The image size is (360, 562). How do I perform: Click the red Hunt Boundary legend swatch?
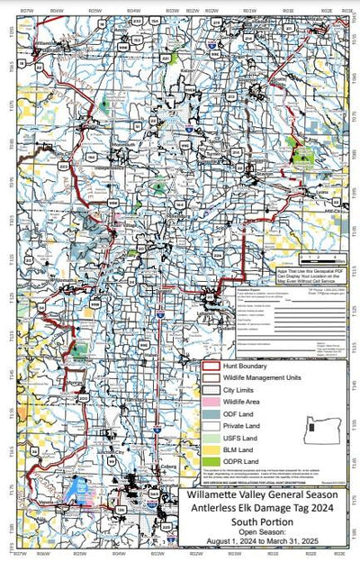[x=212, y=367]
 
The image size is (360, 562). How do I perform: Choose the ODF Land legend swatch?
[x=212, y=413]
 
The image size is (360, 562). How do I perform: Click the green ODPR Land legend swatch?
[x=212, y=460]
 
